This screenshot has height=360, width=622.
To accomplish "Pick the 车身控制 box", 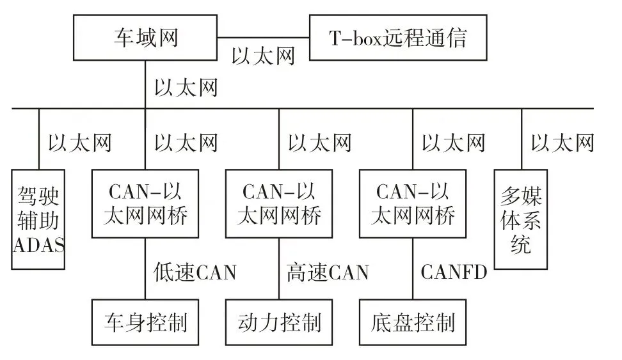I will pos(145,322).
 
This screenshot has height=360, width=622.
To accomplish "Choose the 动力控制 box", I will pos(279,322).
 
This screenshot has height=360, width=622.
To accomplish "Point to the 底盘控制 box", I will pos(413,322).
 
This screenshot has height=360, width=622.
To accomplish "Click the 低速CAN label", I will pos(195,272).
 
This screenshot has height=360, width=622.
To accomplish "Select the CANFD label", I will pos(454,272).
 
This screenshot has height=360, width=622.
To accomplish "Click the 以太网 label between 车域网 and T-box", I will pos(263,56).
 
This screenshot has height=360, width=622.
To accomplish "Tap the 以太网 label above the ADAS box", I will pos(80,143).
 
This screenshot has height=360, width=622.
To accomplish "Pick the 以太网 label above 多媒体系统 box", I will pos(562,143).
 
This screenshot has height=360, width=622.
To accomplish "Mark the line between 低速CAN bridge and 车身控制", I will pos(145,269).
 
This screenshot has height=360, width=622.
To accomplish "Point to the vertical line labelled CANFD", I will pos(413,269).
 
